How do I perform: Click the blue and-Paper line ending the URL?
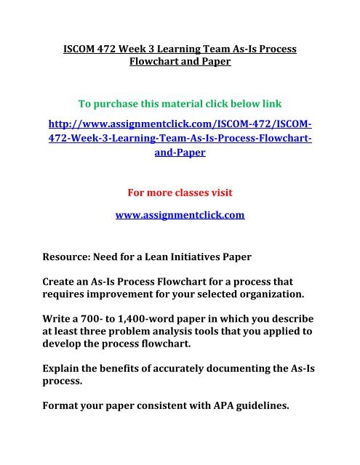tap(180, 155)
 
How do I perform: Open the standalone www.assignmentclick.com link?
tap(180, 215)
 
